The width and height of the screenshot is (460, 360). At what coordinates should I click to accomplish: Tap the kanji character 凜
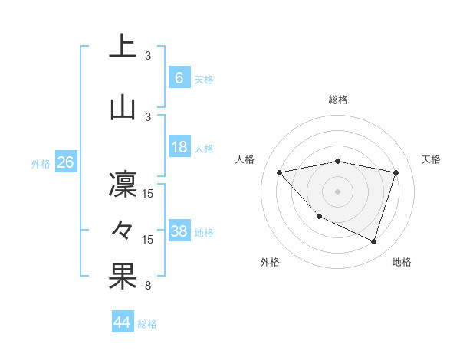click(x=123, y=185)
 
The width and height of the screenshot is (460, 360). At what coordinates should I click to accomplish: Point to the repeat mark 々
click(x=123, y=230)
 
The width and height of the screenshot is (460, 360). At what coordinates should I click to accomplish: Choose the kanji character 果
click(x=123, y=277)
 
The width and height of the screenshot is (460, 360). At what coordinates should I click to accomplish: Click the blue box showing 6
click(x=179, y=78)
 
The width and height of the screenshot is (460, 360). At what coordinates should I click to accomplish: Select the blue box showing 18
click(x=179, y=147)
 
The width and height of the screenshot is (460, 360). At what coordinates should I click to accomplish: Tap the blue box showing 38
click(x=179, y=231)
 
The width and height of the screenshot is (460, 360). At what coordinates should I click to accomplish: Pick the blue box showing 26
click(x=65, y=162)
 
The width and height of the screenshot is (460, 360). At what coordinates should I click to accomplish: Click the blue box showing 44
click(x=123, y=322)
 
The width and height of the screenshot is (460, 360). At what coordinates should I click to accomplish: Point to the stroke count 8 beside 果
click(x=148, y=286)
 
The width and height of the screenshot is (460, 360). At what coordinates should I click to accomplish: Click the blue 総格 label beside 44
click(x=147, y=324)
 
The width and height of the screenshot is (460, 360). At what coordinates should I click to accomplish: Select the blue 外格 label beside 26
click(x=41, y=164)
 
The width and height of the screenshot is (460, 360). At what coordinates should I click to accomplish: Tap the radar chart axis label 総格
click(x=337, y=100)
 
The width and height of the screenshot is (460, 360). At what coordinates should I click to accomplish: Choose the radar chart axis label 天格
click(x=432, y=159)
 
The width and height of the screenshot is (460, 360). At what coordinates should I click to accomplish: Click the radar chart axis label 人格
click(x=245, y=159)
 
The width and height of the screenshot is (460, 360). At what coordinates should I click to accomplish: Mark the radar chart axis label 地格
click(x=402, y=262)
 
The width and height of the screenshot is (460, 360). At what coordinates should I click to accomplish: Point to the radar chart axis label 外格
click(x=270, y=262)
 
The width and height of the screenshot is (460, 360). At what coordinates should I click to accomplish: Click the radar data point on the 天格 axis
click(x=396, y=172)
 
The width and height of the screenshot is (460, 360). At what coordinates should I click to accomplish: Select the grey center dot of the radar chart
click(x=337, y=191)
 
